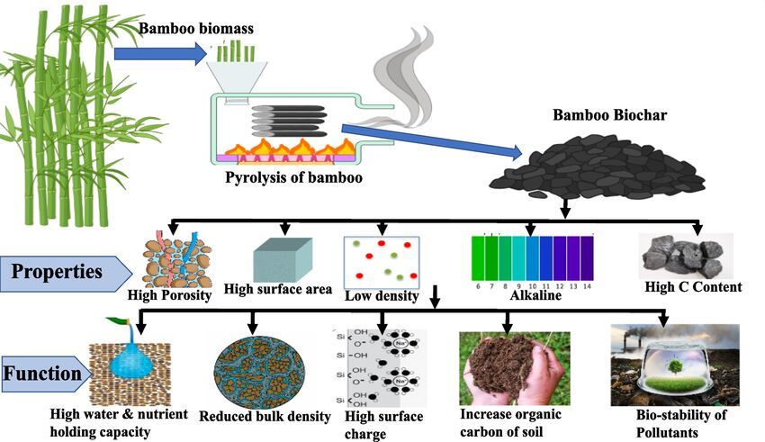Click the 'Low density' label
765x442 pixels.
point(382,295)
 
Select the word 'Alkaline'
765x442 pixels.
point(535,294)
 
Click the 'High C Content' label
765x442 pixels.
point(693,287)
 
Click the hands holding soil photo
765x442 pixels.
point(513,367)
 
